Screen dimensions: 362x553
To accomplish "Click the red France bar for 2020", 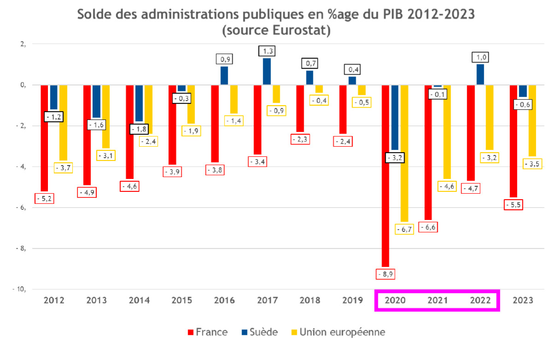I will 385,175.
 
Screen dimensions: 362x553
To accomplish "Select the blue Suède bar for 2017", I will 267,71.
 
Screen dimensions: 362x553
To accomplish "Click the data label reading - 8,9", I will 385,274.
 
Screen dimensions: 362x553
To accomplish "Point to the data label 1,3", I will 267,51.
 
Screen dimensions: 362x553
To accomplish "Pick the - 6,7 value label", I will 404,229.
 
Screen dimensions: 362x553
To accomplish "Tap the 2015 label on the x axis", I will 182,300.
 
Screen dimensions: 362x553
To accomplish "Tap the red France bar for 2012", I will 44,138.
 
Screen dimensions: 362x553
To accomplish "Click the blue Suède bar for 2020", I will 394,118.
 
